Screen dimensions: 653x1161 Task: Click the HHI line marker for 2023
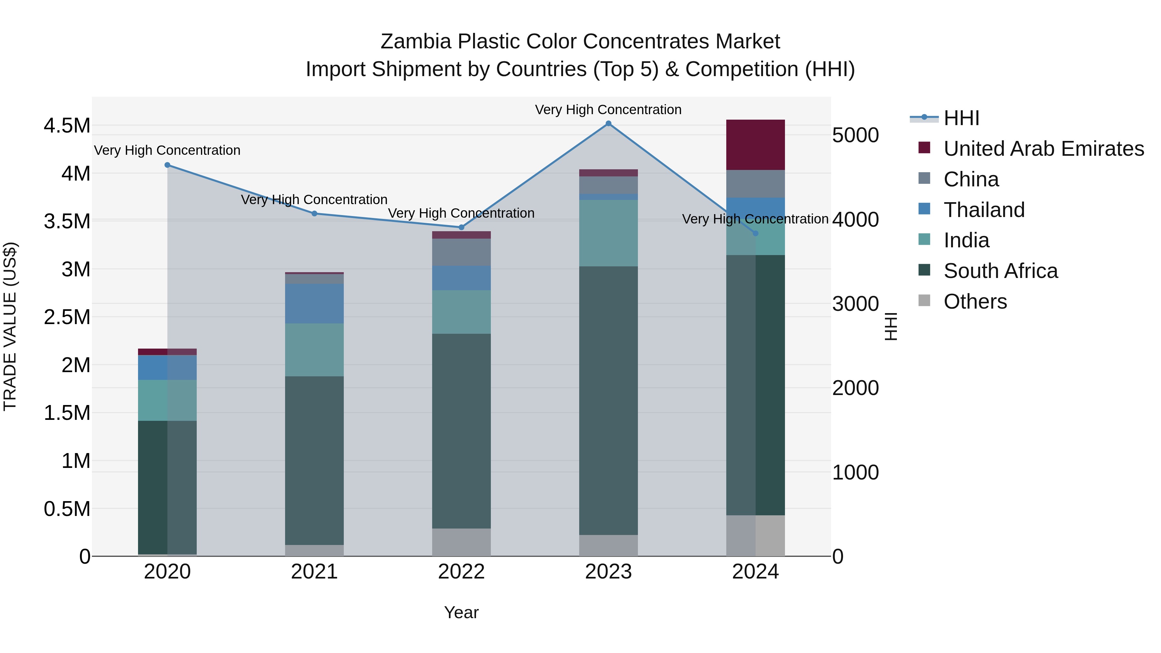(609, 124)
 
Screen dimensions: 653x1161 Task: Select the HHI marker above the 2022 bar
(461, 228)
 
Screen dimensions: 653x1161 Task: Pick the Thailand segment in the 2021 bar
(314, 303)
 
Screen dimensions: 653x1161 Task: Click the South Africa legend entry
(1000, 271)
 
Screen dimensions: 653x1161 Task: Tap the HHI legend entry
(961, 118)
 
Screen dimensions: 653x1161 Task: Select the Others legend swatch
(924, 301)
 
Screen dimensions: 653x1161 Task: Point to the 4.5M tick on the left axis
(67, 126)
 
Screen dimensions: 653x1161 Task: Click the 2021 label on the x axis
(314, 572)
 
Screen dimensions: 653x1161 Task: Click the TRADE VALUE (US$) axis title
(10, 326)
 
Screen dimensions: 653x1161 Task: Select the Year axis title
(461, 612)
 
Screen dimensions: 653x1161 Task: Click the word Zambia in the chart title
(416, 42)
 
